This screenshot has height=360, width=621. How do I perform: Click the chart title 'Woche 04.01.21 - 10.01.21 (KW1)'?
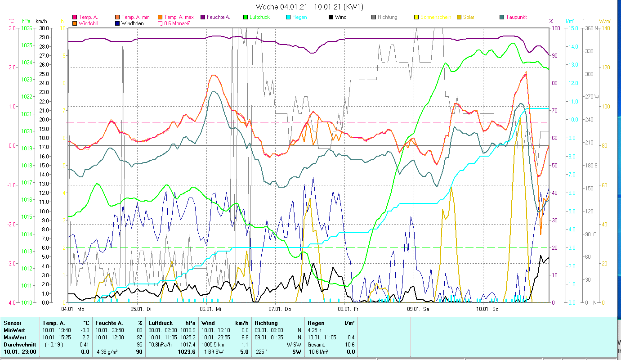point(309,7)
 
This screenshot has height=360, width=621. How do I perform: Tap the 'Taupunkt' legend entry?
point(516,17)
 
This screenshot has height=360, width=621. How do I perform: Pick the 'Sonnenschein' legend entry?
point(436,17)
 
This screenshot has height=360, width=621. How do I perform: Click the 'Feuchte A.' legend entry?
point(218,17)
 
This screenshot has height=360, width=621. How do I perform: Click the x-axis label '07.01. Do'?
point(280,309)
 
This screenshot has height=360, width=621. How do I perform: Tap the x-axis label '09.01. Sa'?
point(418,309)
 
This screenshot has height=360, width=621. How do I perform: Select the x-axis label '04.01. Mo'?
point(72,309)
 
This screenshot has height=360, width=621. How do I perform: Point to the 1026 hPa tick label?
point(27,28)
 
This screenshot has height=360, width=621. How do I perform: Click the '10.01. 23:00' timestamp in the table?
point(20,352)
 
